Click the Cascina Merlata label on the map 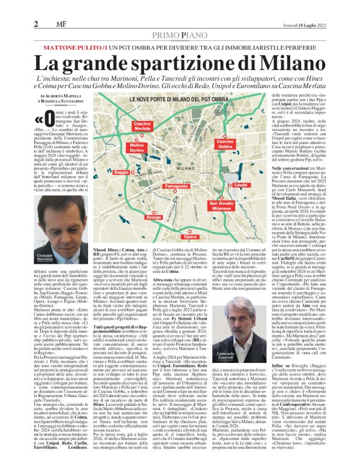(143, 125)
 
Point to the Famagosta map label (178, 186)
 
